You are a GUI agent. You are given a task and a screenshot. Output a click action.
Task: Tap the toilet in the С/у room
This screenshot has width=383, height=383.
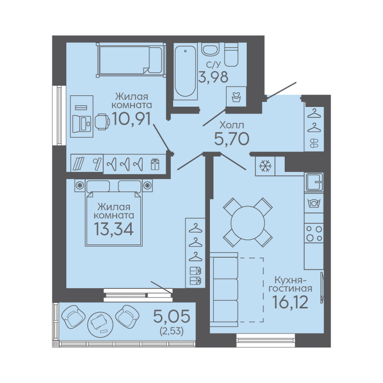point(231,54)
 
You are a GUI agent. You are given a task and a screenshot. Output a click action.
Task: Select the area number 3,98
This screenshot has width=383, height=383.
point(213,77)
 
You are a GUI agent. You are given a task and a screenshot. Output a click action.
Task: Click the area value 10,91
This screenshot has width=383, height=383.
point(132,119)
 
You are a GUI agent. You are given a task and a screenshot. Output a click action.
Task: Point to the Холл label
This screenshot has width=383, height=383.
point(232,125)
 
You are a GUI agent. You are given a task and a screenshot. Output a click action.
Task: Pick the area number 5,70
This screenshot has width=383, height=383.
point(231,139)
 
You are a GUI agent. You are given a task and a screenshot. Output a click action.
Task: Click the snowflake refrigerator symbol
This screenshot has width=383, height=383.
point(265,166)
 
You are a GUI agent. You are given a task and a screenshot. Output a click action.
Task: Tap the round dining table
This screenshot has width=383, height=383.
point(248,222)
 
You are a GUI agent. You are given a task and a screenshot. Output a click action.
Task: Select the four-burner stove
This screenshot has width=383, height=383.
point(314,233)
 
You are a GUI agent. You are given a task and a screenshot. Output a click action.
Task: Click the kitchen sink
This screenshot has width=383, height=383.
point(314,182)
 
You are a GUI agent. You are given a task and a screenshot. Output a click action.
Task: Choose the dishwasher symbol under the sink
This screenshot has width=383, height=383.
point(314,203)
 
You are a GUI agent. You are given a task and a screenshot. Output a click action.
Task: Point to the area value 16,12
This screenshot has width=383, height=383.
point(290,302)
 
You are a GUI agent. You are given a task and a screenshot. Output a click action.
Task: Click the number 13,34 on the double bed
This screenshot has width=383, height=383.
point(114,229)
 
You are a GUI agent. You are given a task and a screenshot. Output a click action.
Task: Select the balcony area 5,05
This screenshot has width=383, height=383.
point(172,316)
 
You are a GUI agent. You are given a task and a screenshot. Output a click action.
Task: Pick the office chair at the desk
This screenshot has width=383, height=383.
point(102,122)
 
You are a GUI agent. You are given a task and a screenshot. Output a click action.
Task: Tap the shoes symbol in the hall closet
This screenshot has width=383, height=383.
point(314,143)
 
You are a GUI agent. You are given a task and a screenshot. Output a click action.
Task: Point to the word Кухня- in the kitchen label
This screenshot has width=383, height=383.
point(290,279)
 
